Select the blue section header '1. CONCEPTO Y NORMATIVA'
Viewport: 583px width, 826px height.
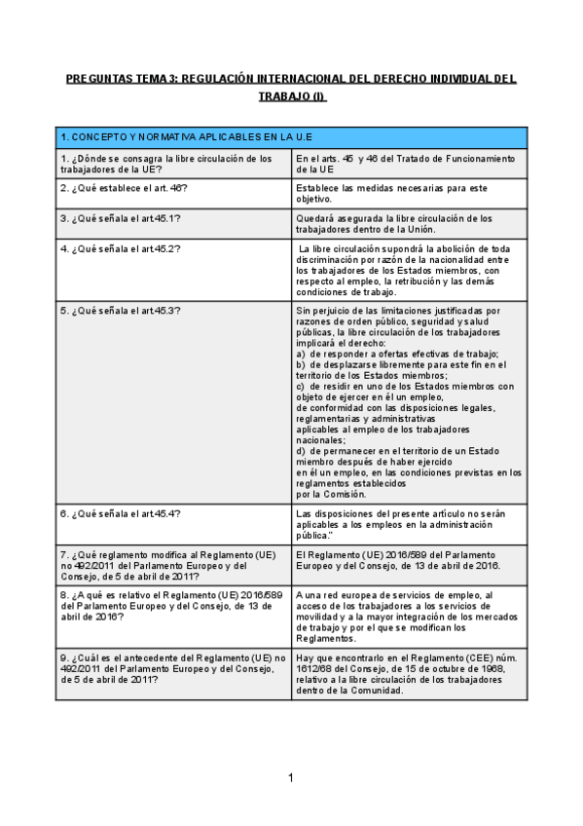[185, 137]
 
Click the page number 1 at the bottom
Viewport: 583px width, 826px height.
[290, 777]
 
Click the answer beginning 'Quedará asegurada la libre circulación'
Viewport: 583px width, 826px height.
[394, 224]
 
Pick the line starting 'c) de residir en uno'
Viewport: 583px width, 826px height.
[404, 386]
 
